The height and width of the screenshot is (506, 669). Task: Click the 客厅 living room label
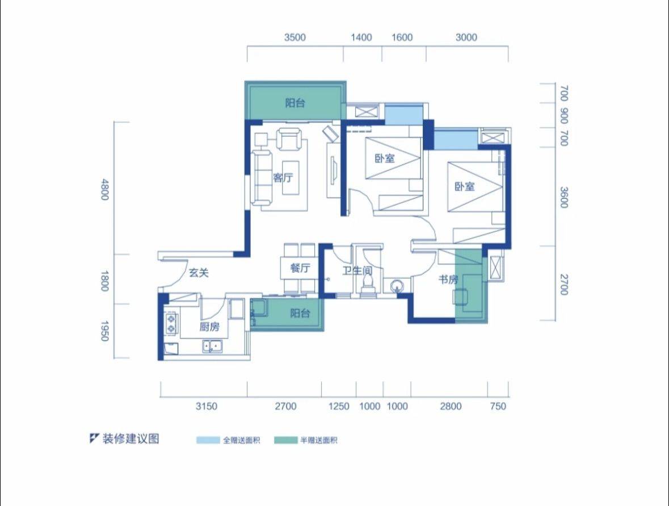[283, 177]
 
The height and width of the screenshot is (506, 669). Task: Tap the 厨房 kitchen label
[209, 327]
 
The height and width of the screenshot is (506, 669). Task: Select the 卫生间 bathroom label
[357, 270]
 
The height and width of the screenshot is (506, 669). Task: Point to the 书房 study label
[448, 279]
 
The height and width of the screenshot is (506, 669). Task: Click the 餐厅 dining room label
[300, 268]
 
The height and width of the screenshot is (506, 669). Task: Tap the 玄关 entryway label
[199, 273]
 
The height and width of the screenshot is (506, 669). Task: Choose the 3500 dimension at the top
[295, 37]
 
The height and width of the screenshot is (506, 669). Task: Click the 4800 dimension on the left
[104, 190]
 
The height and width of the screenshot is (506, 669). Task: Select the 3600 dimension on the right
[563, 197]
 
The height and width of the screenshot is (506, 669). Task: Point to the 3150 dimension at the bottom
[206, 406]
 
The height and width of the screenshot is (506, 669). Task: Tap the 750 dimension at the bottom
[498, 406]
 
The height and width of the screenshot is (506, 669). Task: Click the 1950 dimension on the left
[104, 331]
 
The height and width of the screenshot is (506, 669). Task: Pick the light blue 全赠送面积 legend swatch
[208, 440]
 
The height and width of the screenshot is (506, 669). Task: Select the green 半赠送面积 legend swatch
[286, 440]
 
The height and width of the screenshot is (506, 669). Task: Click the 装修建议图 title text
[131, 438]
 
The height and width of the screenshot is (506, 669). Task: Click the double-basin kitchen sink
[212, 346]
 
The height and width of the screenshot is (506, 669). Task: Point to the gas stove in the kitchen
[171, 323]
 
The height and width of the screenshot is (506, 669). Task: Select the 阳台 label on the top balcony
[295, 103]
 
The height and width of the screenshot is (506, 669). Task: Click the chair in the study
[461, 296]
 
